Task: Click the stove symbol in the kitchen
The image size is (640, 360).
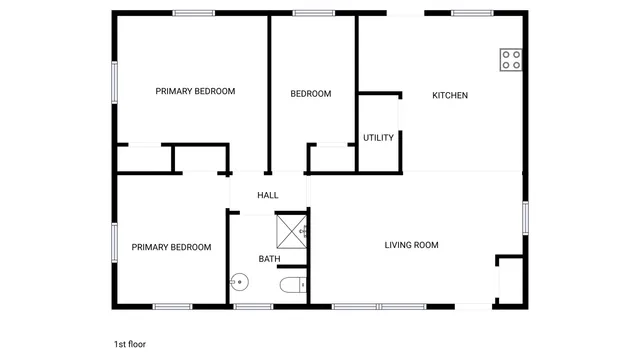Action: point(511,59)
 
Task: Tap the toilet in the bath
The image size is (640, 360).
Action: point(290,286)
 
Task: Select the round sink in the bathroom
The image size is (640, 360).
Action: point(238,283)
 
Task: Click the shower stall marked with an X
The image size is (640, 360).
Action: point(291,231)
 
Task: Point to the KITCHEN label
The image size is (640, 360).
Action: point(449,96)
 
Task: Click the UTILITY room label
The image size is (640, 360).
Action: point(378,138)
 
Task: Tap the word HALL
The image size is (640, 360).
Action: point(268,196)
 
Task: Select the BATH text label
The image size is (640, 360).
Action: point(269,259)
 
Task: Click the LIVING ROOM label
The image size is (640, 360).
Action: point(412,245)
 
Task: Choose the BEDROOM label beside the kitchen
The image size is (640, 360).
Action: point(310,94)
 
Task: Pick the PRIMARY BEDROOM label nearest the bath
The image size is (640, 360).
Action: point(171,247)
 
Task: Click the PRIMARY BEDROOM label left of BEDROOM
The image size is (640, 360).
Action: point(195,91)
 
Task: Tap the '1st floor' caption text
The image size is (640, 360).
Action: point(130,344)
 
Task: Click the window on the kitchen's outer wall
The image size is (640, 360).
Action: point(471,13)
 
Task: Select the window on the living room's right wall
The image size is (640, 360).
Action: point(524,218)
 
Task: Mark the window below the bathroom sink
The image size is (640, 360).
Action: point(253,306)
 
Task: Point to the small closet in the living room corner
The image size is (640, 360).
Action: point(510,280)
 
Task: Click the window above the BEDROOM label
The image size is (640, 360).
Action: point(313,13)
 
